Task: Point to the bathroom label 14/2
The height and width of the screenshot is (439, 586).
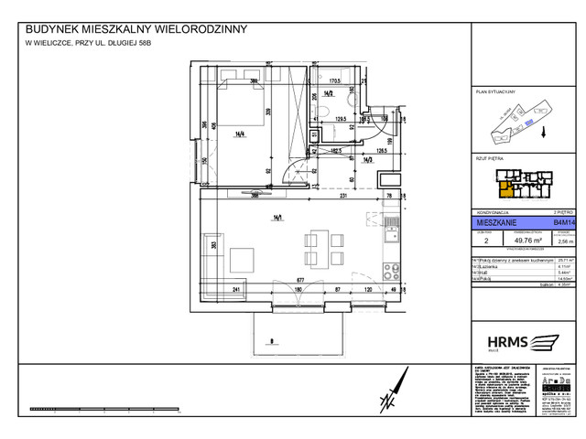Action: tap(327, 92)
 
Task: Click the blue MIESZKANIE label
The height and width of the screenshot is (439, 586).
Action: tap(495, 221)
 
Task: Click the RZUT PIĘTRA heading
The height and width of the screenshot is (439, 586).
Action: tap(491, 158)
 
